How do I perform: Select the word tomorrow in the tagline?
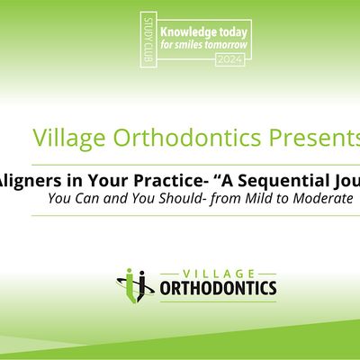click(x=215, y=40)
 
